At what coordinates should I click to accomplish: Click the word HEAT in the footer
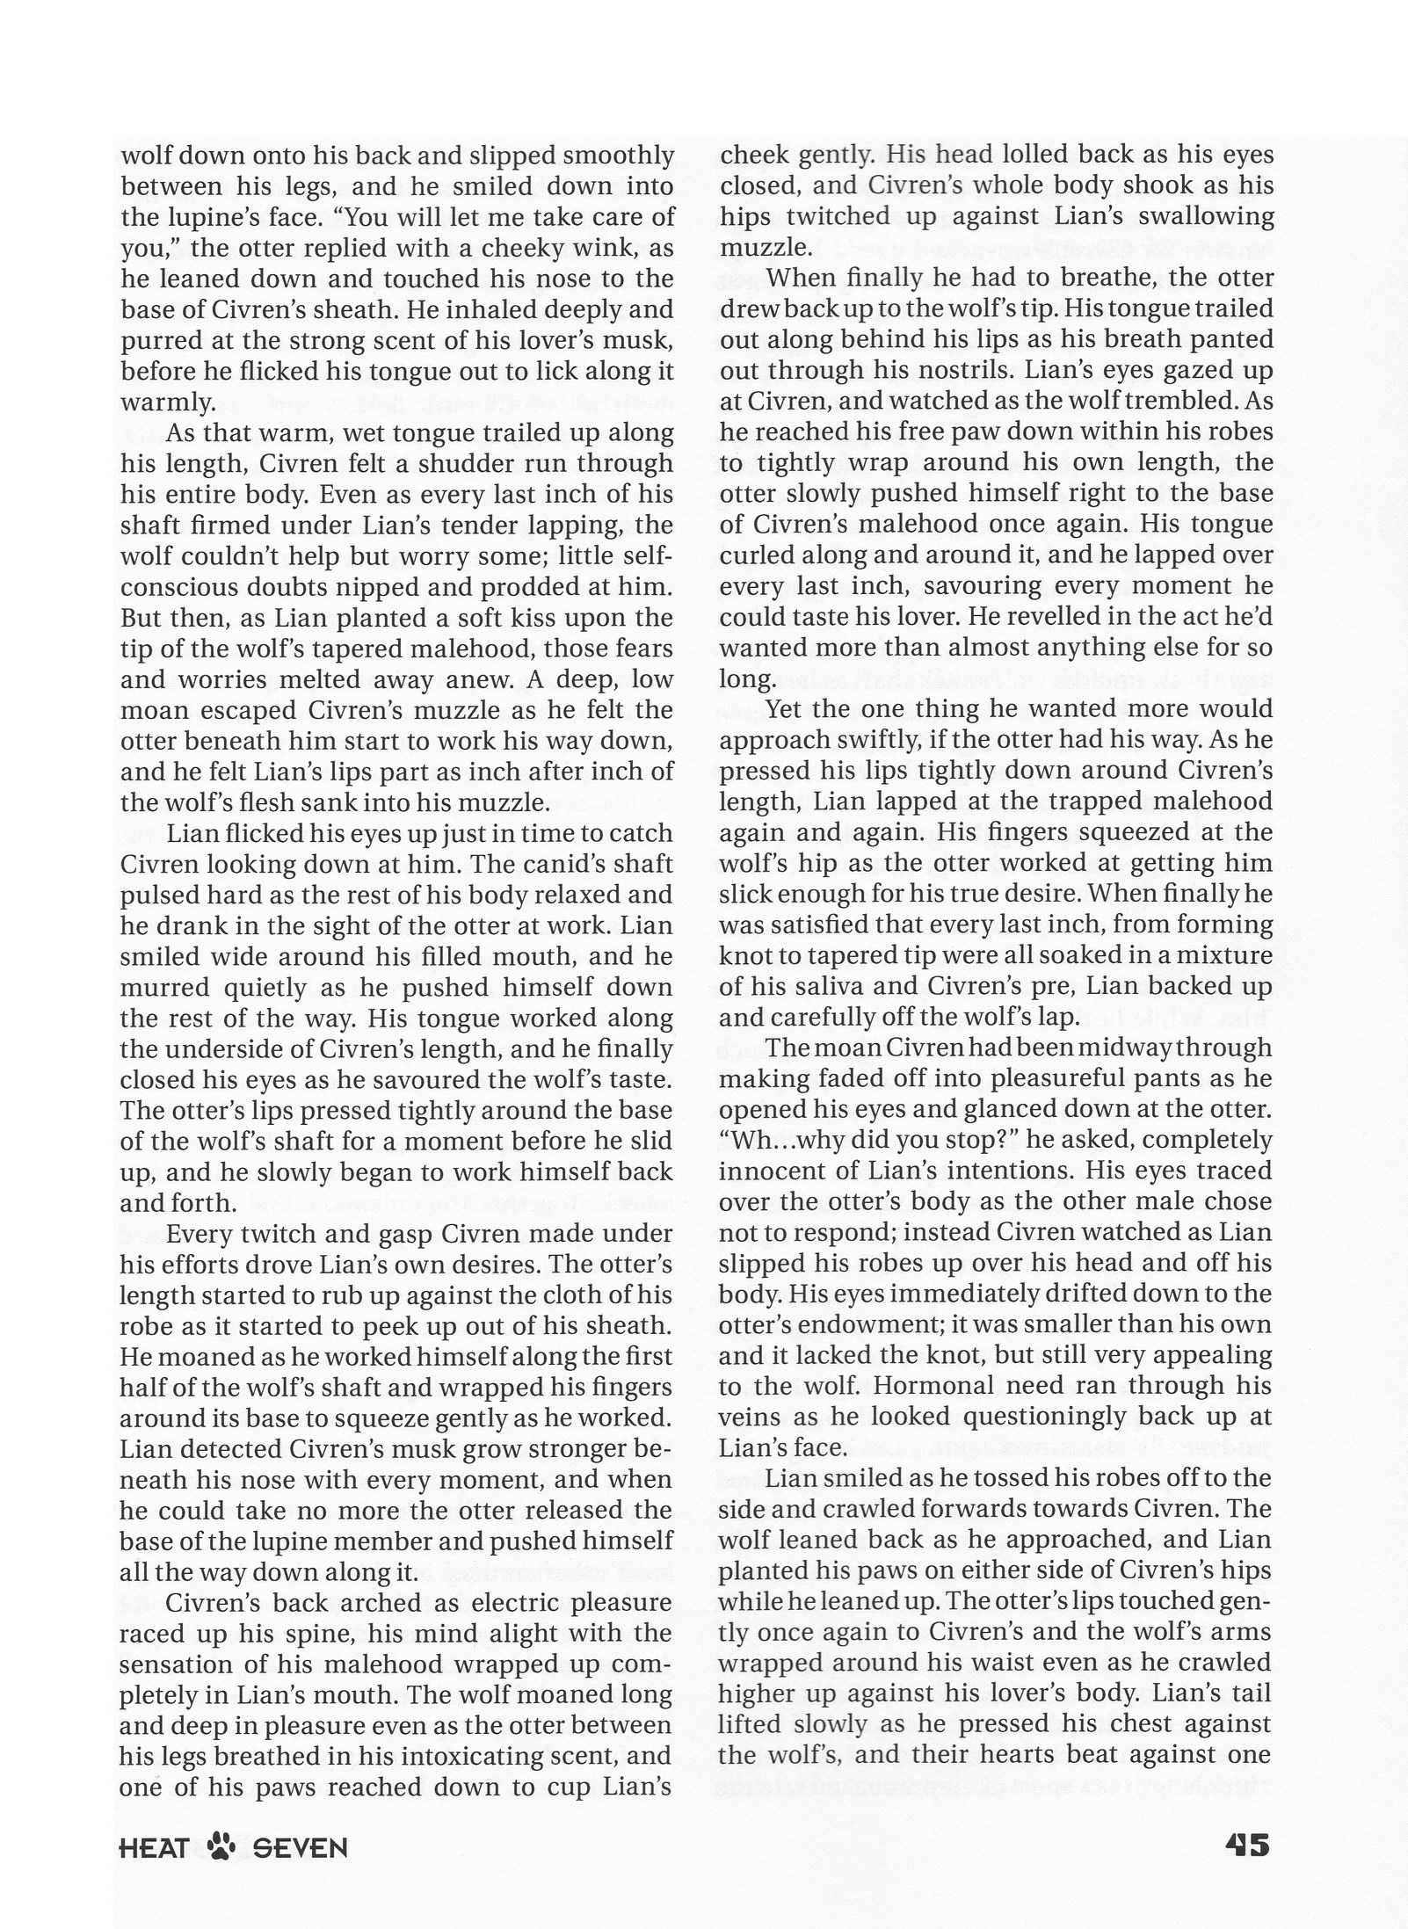[x=154, y=1848]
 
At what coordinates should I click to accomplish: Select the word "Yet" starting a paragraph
[x=784, y=708]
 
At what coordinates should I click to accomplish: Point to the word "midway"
[x=1127, y=1048]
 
